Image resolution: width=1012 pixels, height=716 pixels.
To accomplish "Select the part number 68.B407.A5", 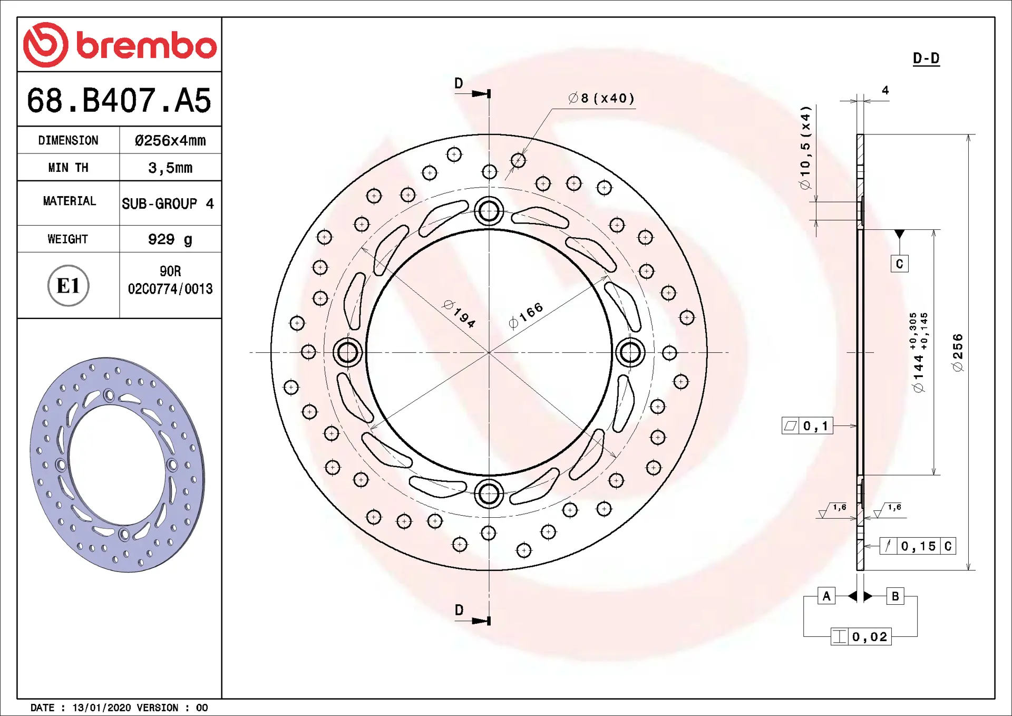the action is click(119, 100).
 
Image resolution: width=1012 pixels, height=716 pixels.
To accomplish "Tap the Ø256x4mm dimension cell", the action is click(170, 140).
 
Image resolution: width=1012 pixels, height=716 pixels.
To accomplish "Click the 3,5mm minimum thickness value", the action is click(170, 168).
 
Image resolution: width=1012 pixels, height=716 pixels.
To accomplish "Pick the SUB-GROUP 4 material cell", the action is click(168, 204).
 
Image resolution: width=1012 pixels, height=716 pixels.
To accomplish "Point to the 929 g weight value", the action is click(170, 239).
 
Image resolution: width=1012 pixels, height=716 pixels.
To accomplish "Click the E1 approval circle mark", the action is click(69, 286).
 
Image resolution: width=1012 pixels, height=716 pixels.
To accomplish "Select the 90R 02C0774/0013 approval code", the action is click(170, 280).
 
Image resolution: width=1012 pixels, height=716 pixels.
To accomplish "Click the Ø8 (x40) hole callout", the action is click(601, 98).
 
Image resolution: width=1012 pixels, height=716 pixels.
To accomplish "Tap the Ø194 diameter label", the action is click(460, 314).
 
